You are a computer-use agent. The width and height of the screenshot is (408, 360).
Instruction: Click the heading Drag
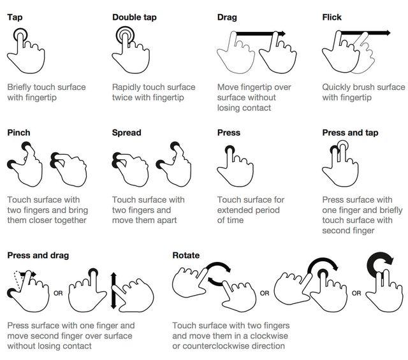[227, 17]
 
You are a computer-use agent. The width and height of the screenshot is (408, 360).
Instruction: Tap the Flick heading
[332, 17]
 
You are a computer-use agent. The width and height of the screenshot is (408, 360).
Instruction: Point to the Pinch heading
[18, 133]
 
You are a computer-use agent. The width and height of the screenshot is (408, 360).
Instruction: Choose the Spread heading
[126, 133]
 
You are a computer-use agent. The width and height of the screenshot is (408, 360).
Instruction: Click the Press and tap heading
[350, 133]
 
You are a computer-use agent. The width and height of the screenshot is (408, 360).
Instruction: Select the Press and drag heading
[38, 256]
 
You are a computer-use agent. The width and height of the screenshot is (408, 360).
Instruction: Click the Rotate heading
[186, 256]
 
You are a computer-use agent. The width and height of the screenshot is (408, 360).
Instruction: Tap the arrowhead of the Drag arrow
[282, 33]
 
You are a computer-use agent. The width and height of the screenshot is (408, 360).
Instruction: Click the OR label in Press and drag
[58, 294]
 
